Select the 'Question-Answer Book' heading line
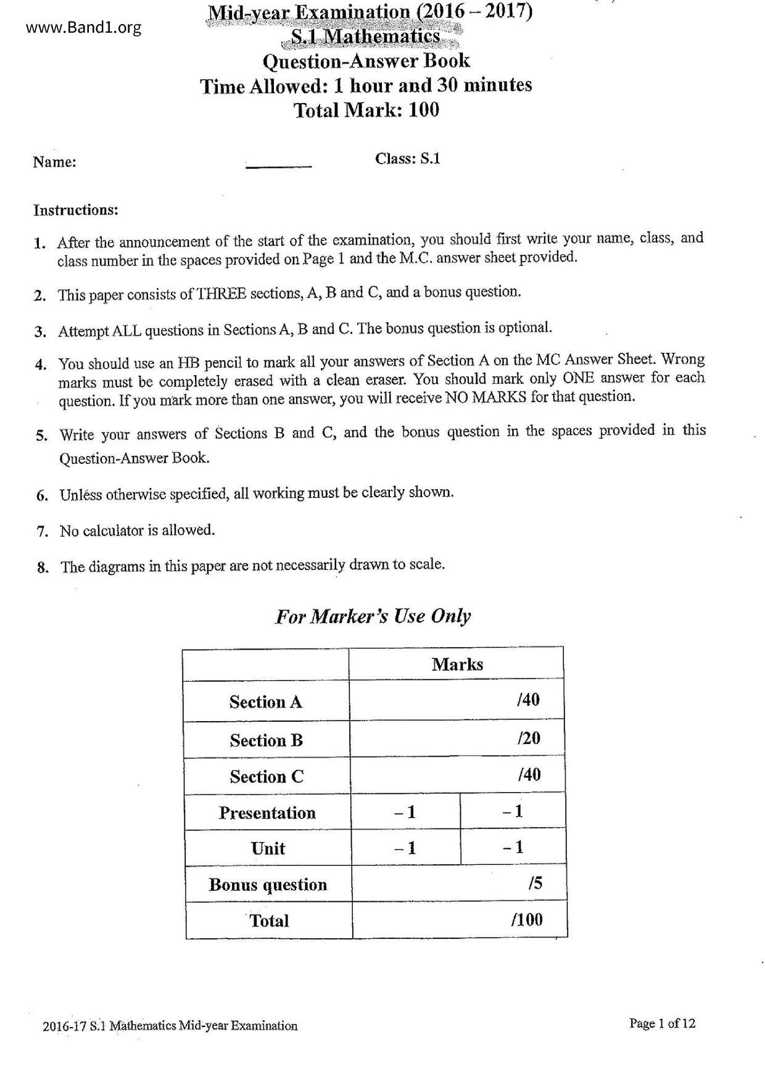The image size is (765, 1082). (x=366, y=61)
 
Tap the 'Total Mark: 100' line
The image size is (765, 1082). (x=366, y=110)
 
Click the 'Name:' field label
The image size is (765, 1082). (x=54, y=162)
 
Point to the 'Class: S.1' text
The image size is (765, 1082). (x=407, y=159)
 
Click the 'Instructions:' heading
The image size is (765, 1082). (x=75, y=210)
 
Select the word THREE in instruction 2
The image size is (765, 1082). (x=221, y=294)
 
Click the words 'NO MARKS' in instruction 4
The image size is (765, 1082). (x=486, y=397)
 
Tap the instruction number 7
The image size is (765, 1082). (x=43, y=531)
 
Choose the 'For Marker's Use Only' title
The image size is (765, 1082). (x=373, y=616)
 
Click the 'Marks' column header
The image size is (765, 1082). (x=457, y=664)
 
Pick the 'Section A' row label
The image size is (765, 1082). (x=265, y=702)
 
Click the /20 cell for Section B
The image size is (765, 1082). (x=529, y=738)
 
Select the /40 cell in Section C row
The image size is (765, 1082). (x=529, y=775)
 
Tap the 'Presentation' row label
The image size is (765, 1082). (x=267, y=813)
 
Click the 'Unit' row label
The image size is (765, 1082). (x=268, y=848)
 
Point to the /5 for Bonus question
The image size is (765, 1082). (x=535, y=883)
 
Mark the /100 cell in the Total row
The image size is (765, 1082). (x=527, y=920)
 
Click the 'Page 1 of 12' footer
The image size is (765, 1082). (x=661, y=1023)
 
